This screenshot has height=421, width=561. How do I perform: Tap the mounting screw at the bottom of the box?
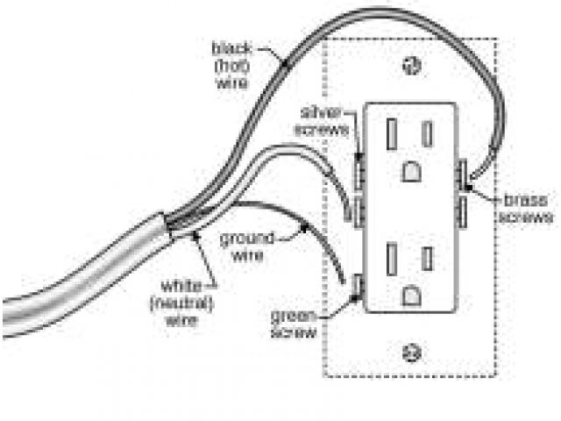(x=408, y=353)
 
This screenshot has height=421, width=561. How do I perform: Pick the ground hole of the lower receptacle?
(x=409, y=296)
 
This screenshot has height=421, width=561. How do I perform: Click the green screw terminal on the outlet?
(x=359, y=289)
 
